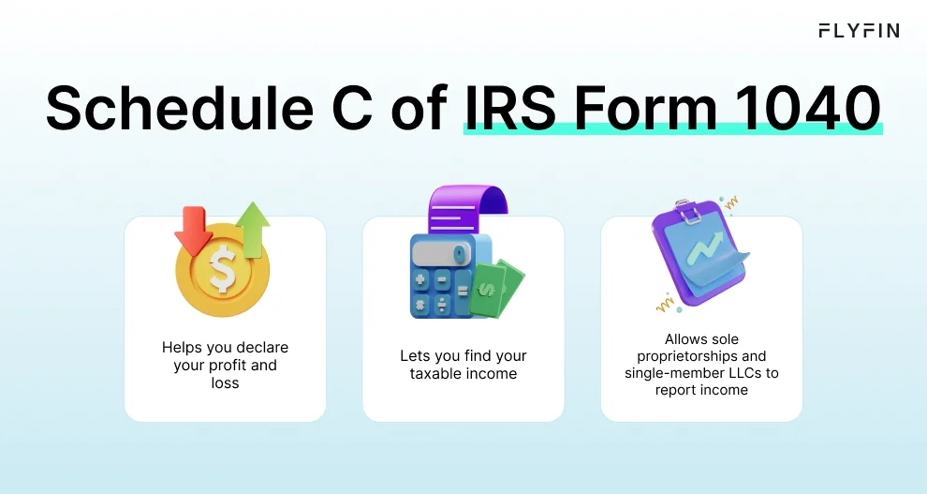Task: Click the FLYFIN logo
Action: (x=859, y=31)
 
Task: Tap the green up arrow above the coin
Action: (x=252, y=228)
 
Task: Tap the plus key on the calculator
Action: (x=421, y=279)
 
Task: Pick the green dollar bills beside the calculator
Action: (x=495, y=287)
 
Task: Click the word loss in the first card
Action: (x=225, y=382)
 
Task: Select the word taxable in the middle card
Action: (x=438, y=373)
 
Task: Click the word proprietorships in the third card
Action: (x=688, y=356)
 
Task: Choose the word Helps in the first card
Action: (x=182, y=348)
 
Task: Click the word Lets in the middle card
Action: (x=415, y=356)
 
